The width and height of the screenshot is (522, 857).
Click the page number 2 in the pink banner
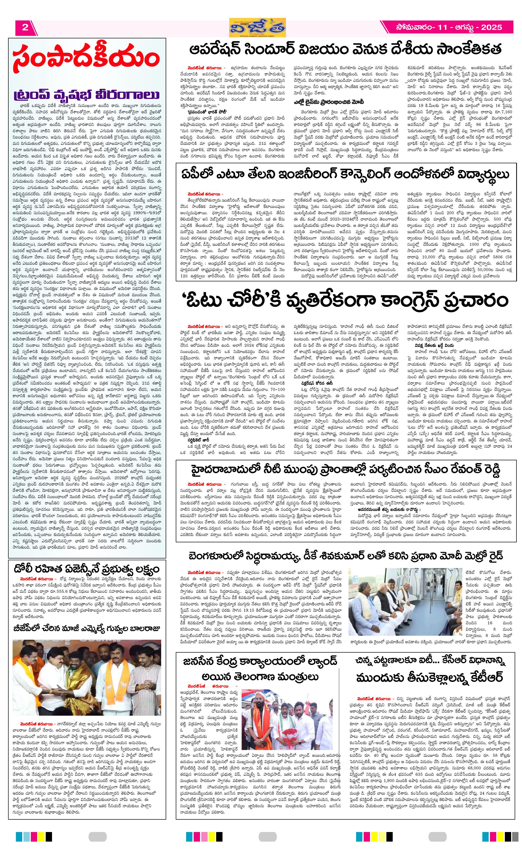(25, 28)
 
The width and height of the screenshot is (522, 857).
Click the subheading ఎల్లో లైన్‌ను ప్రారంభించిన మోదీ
(329, 102)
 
